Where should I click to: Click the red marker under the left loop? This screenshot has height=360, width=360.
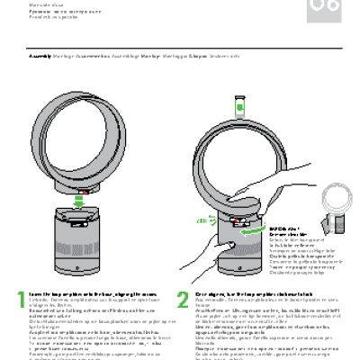[83, 191]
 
